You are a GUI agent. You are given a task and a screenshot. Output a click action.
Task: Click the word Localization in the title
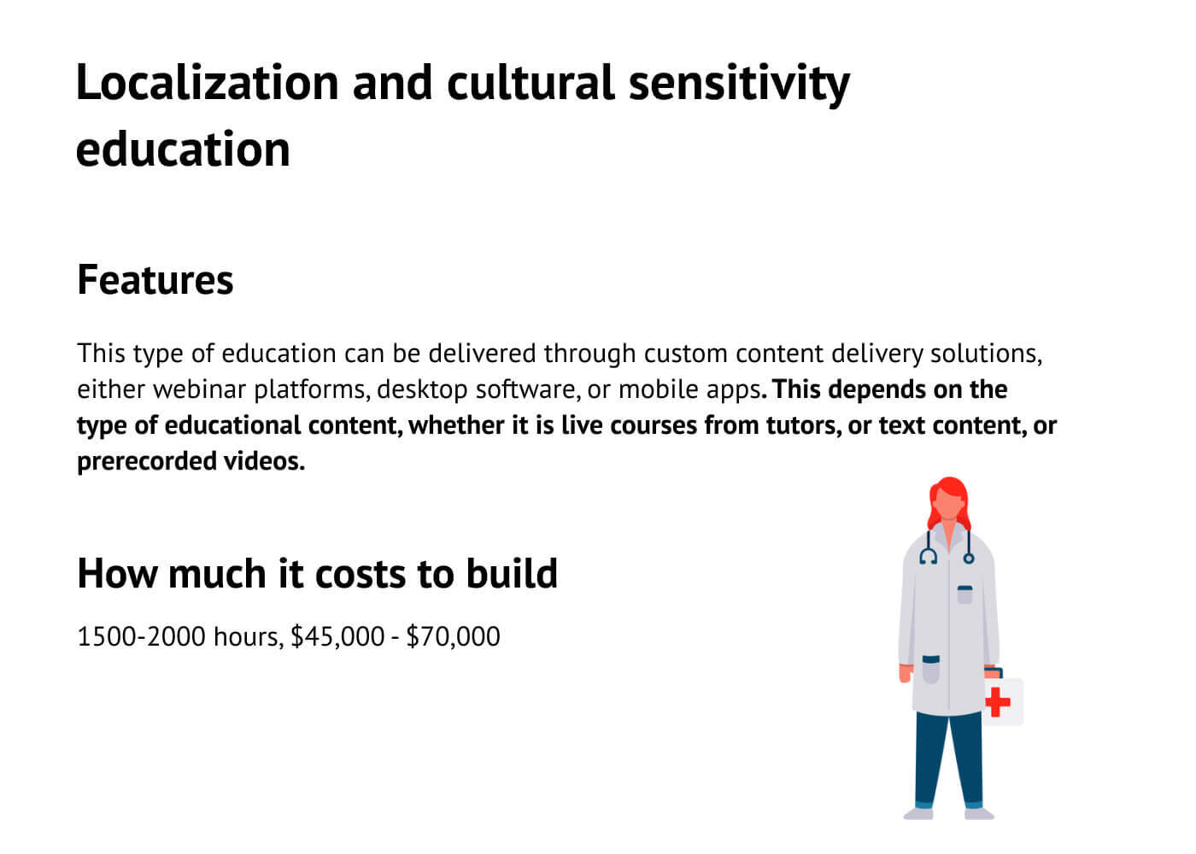click(x=208, y=83)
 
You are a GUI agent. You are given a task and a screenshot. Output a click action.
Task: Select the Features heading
click(x=155, y=280)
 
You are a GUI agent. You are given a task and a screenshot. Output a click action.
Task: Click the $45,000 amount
click(x=337, y=636)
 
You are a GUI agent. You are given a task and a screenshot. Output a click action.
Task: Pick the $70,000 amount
click(x=453, y=636)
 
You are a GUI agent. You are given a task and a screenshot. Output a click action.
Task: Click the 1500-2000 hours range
click(x=178, y=636)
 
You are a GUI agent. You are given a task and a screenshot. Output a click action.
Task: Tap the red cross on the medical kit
click(x=997, y=702)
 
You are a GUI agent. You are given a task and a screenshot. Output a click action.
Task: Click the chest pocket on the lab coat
click(x=964, y=594)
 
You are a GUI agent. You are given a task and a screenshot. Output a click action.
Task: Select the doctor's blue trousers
click(x=948, y=760)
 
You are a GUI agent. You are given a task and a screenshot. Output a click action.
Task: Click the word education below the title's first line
click(x=183, y=149)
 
